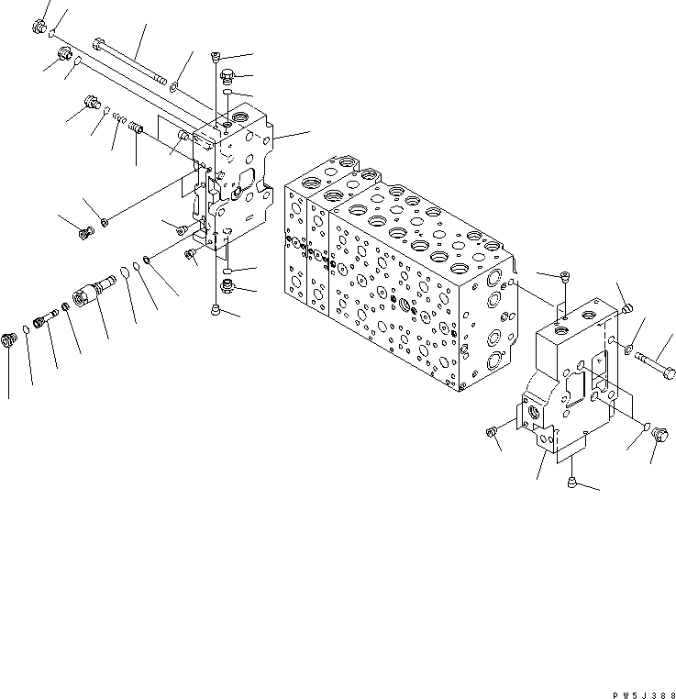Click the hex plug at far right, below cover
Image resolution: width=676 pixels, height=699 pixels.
(x=658, y=439)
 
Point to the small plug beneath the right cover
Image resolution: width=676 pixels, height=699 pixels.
(x=571, y=481)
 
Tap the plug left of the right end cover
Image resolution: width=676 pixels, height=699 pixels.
(x=491, y=429)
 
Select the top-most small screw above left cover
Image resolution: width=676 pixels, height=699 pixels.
(x=216, y=55)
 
